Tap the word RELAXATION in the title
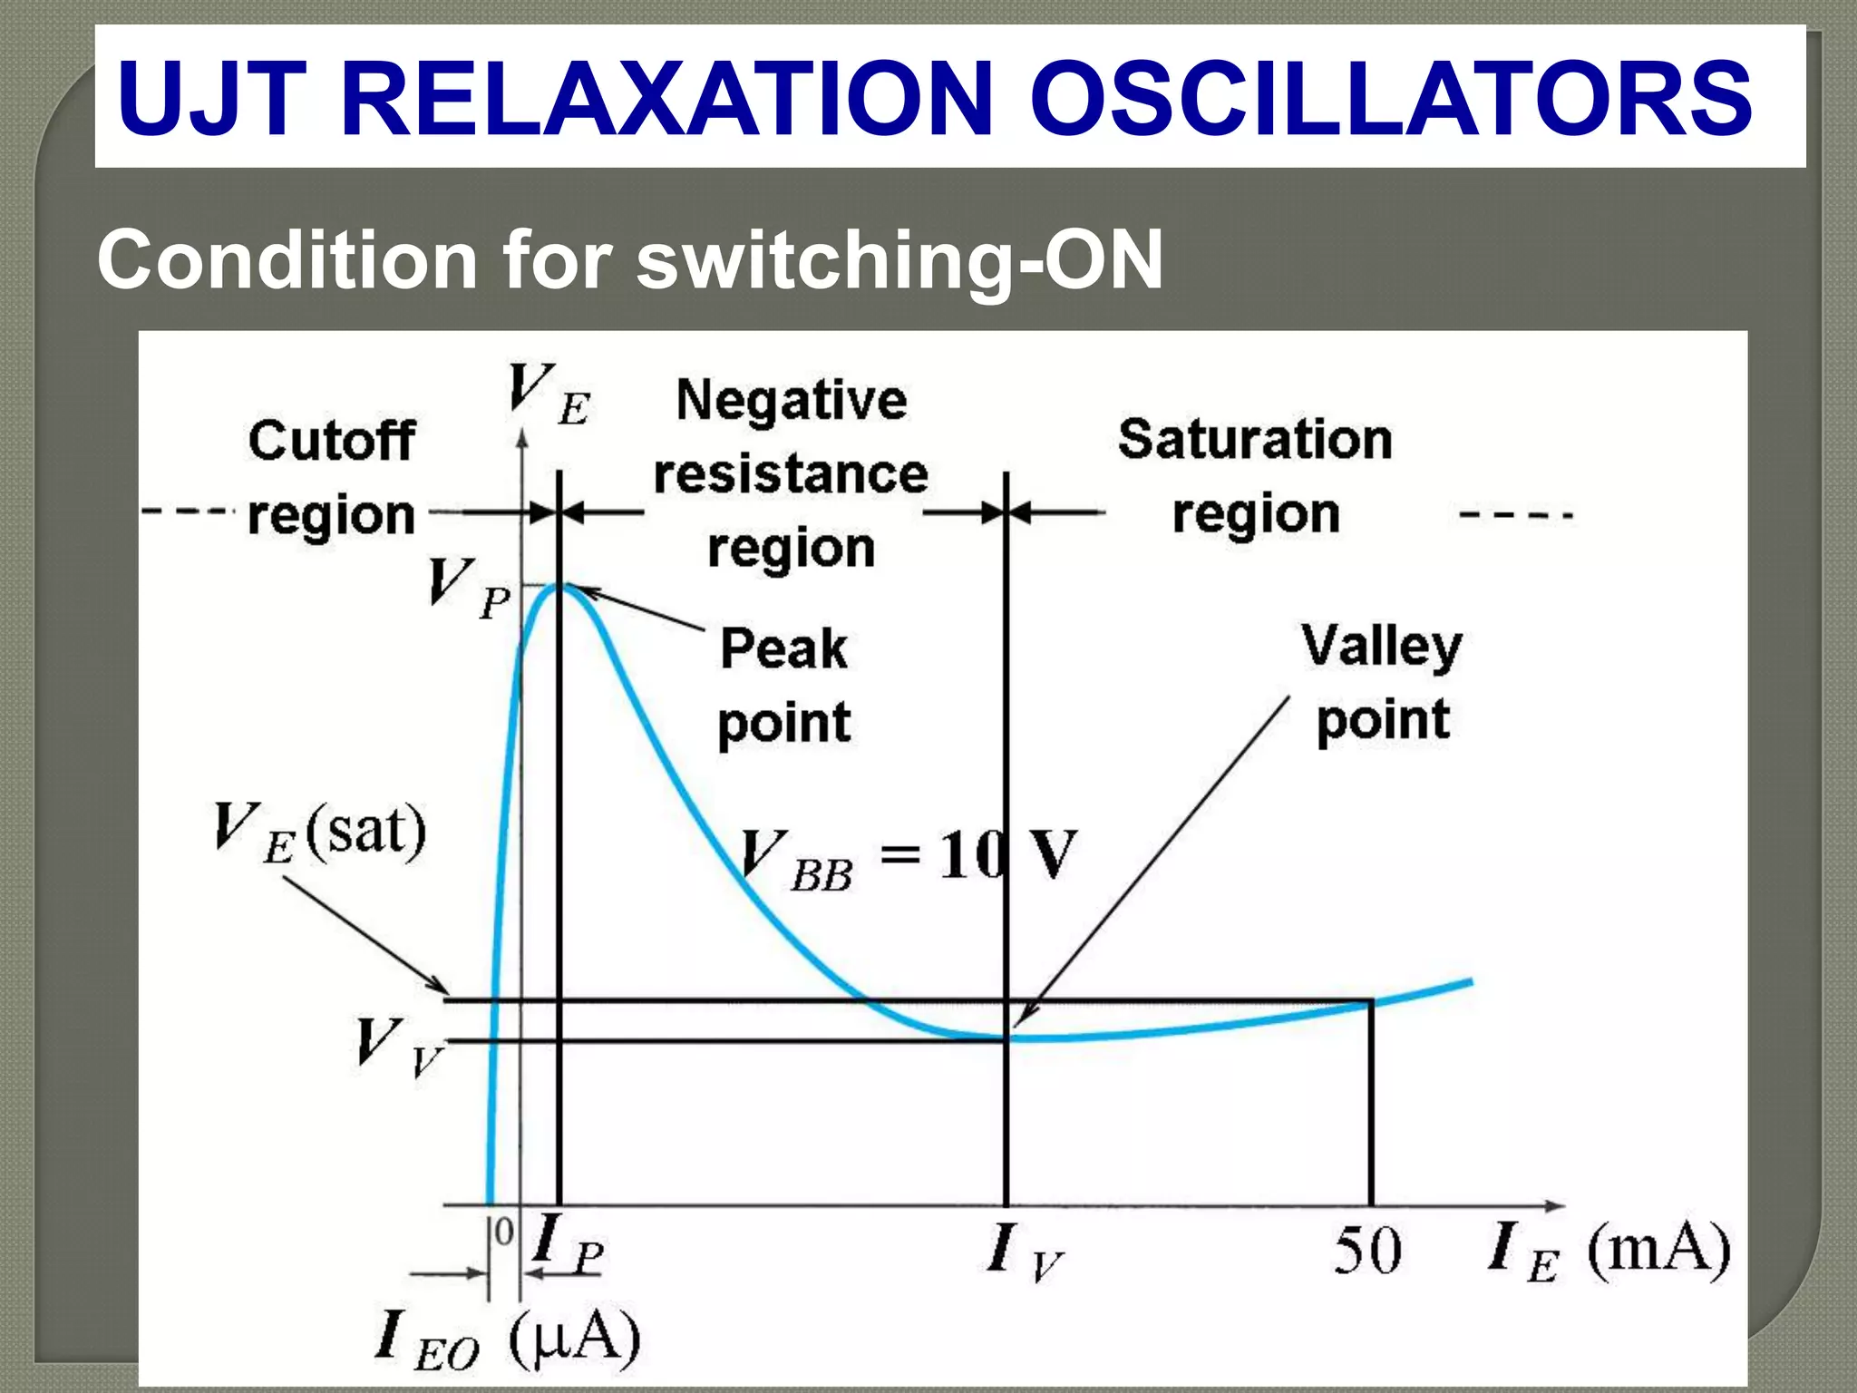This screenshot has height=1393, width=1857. pos(667,98)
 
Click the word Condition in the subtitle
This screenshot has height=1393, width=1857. pos(287,260)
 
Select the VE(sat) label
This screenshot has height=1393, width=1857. pos(319,833)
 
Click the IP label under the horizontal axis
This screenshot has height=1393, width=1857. pos(568,1243)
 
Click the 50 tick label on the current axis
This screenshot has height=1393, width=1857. pos(1367,1251)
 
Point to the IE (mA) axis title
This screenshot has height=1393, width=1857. pos(1609,1251)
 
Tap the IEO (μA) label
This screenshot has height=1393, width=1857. pos(508,1339)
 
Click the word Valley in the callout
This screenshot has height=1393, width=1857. pos(1382,648)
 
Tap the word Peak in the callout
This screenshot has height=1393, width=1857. pos(784,649)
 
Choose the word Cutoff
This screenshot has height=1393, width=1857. pos(332,442)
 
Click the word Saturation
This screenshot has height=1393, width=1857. pos(1255,440)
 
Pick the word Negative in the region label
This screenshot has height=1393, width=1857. pos(792,400)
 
